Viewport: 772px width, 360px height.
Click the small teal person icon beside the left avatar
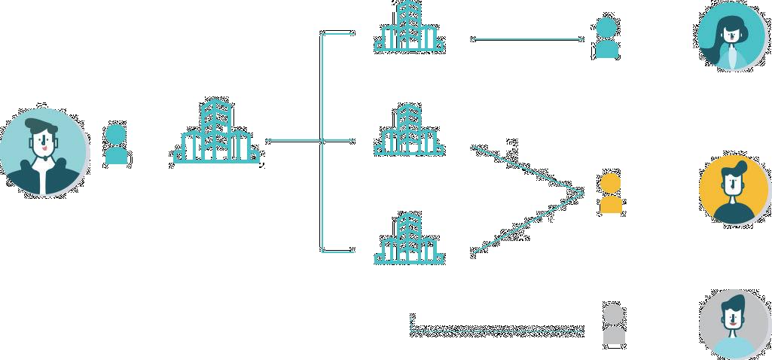click(116, 144)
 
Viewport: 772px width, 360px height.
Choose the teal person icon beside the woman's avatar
click(606, 38)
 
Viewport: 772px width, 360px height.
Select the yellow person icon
click(610, 193)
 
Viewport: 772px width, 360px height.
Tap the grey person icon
click(615, 324)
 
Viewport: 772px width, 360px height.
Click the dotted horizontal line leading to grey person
click(497, 330)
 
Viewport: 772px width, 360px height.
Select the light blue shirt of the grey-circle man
click(732, 347)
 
